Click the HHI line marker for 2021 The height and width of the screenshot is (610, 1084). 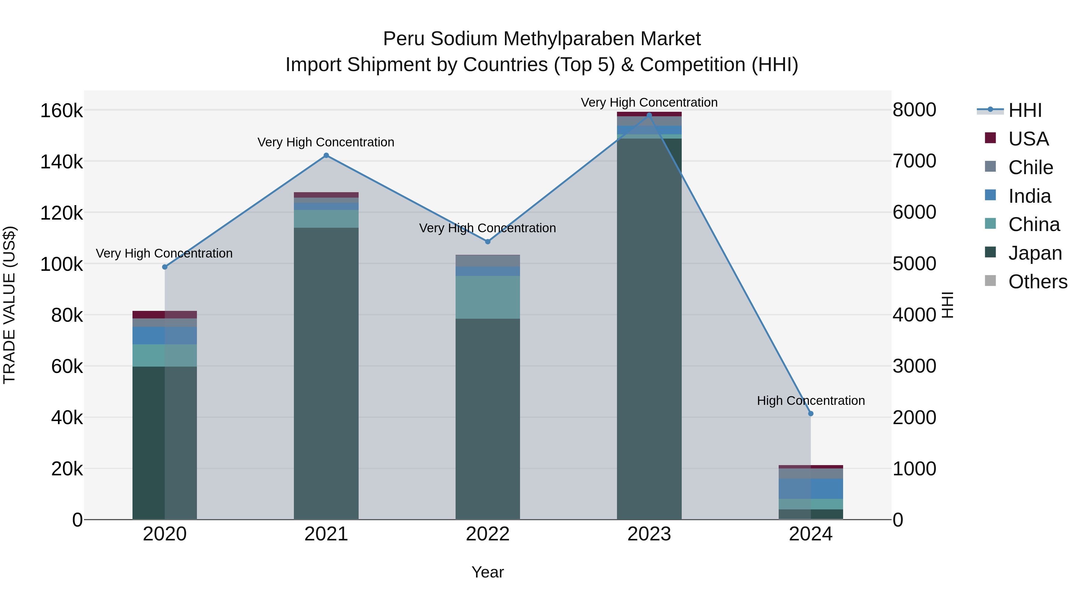(x=326, y=155)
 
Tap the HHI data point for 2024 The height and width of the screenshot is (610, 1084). (x=811, y=413)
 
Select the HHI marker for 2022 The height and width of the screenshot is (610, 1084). (x=488, y=242)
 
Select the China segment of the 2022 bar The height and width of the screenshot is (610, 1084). (x=488, y=297)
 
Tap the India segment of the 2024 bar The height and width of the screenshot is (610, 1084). (x=811, y=489)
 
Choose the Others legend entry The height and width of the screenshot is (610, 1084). (x=1038, y=282)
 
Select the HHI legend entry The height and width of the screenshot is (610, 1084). (x=1025, y=110)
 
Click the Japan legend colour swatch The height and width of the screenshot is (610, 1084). (x=991, y=252)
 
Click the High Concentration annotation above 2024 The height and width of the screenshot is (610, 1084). (x=811, y=400)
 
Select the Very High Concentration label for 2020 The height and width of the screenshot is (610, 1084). (x=164, y=253)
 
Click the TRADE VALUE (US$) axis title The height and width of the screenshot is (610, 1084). (x=9, y=305)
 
